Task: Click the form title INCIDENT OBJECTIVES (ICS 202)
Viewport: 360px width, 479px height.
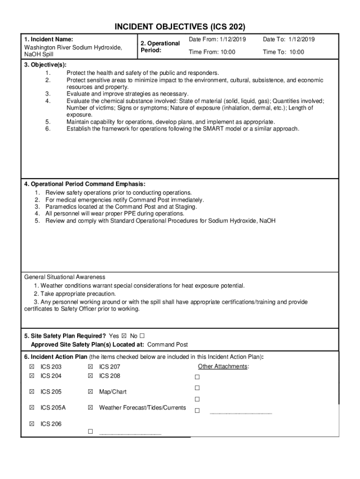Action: (180, 27)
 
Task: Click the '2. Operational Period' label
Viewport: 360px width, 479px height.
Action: (160, 46)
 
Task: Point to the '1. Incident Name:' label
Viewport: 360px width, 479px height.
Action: (49, 39)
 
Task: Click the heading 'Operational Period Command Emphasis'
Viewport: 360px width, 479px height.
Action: (88, 184)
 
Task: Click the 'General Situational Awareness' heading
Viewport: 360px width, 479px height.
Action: (65, 277)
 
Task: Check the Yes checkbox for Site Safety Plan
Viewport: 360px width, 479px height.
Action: (124, 336)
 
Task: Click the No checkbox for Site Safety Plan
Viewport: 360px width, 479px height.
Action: (142, 336)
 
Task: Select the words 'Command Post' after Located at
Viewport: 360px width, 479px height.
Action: (167, 345)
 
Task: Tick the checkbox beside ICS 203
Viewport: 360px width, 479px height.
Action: (32, 367)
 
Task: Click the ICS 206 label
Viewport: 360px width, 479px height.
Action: (51, 424)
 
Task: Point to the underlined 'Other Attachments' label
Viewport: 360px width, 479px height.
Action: (223, 366)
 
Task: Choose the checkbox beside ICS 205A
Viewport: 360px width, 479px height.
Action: (32, 407)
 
